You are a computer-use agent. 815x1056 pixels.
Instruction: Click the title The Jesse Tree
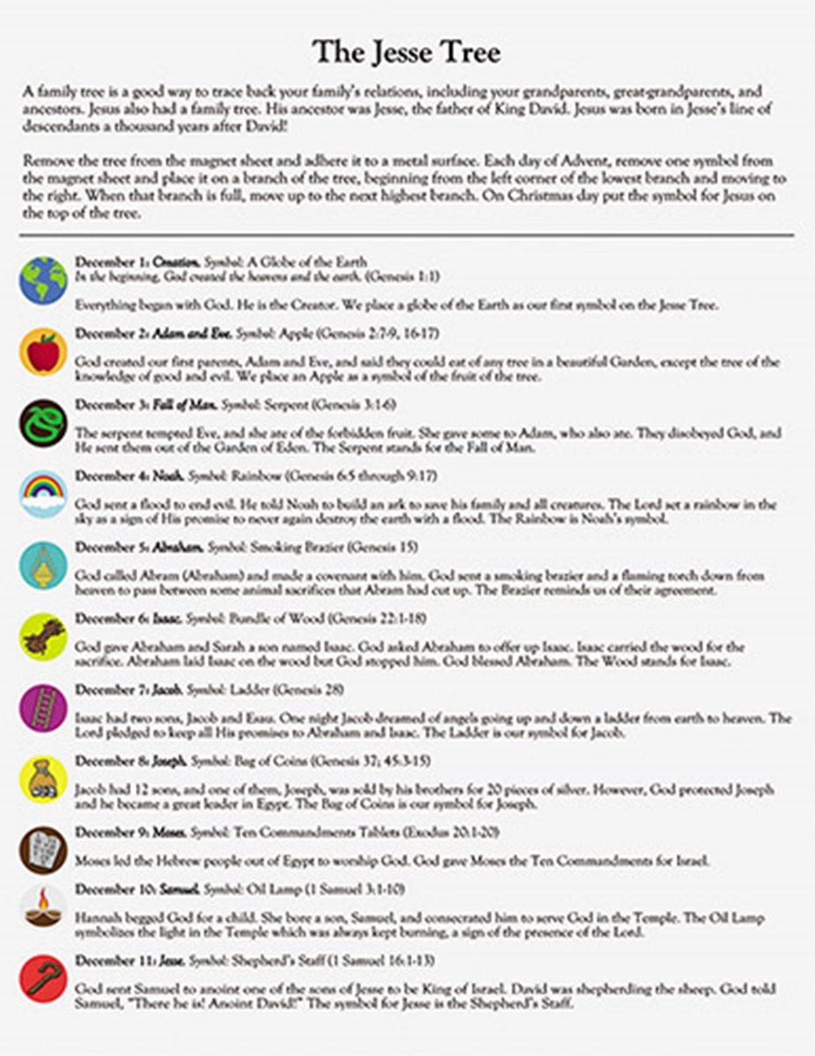click(x=407, y=53)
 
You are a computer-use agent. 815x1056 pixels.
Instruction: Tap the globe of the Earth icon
click(x=43, y=281)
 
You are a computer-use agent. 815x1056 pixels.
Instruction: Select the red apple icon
click(x=43, y=352)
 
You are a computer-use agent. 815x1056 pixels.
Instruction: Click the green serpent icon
click(x=43, y=423)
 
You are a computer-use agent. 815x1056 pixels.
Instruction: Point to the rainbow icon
click(x=43, y=494)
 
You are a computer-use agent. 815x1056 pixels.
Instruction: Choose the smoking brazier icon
click(x=43, y=565)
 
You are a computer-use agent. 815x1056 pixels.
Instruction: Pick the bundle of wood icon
click(x=43, y=636)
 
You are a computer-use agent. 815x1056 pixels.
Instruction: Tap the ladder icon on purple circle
click(x=43, y=708)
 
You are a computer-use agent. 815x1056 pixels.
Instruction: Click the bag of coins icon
click(x=43, y=779)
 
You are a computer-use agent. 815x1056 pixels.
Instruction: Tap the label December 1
click(x=112, y=261)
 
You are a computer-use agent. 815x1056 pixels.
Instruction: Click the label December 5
click(x=112, y=546)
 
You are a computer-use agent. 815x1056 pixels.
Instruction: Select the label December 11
click(x=115, y=959)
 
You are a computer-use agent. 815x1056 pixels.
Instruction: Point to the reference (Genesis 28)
click(x=309, y=689)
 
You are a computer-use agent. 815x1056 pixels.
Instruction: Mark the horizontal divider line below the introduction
click(x=407, y=236)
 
